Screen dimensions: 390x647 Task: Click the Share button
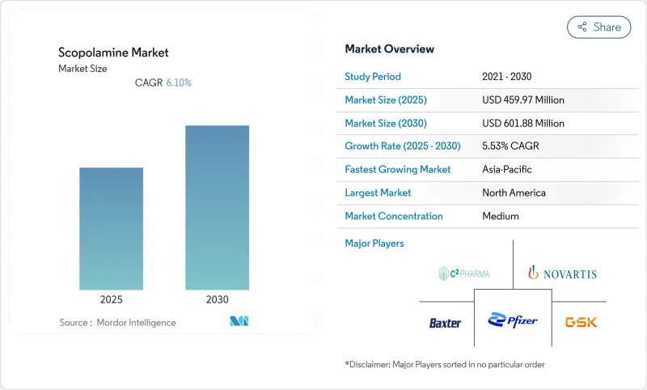pos(598,27)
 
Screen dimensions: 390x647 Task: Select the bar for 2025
pos(111,228)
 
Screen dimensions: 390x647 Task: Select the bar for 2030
pos(217,207)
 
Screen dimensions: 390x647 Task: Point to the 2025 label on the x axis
pos(111,299)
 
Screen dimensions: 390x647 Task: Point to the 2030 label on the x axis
pos(217,299)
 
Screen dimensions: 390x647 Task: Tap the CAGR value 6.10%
pos(179,83)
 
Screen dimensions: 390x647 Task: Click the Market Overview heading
pos(389,49)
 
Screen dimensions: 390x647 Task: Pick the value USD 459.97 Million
pos(522,100)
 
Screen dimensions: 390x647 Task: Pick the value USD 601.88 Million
pos(522,124)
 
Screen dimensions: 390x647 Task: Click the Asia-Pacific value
pos(506,170)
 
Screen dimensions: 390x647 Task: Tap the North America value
pos(513,193)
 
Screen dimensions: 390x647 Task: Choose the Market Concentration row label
pos(394,216)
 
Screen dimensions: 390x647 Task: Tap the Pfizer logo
pos(512,321)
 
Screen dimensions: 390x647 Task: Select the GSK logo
pos(581,322)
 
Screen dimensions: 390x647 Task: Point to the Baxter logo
pos(445,323)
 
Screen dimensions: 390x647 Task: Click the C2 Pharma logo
pos(464,273)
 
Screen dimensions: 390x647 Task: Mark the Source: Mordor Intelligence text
pos(117,323)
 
